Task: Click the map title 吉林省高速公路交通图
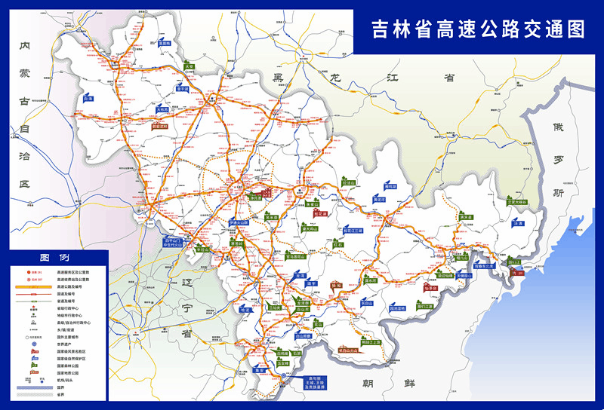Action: tap(479, 29)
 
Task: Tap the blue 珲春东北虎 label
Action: tap(483, 265)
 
